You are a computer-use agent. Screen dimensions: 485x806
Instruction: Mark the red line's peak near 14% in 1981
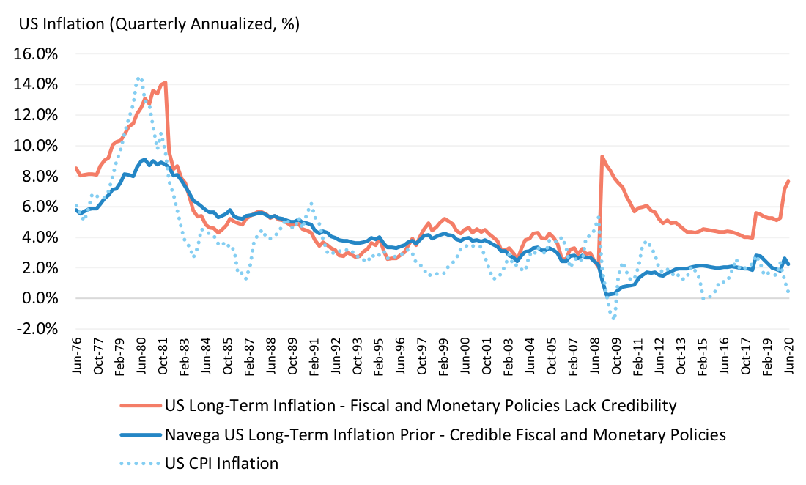click(x=166, y=82)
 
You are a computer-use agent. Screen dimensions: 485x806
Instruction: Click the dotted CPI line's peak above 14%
click(x=138, y=77)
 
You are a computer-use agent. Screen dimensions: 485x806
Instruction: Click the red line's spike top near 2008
click(x=602, y=156)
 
